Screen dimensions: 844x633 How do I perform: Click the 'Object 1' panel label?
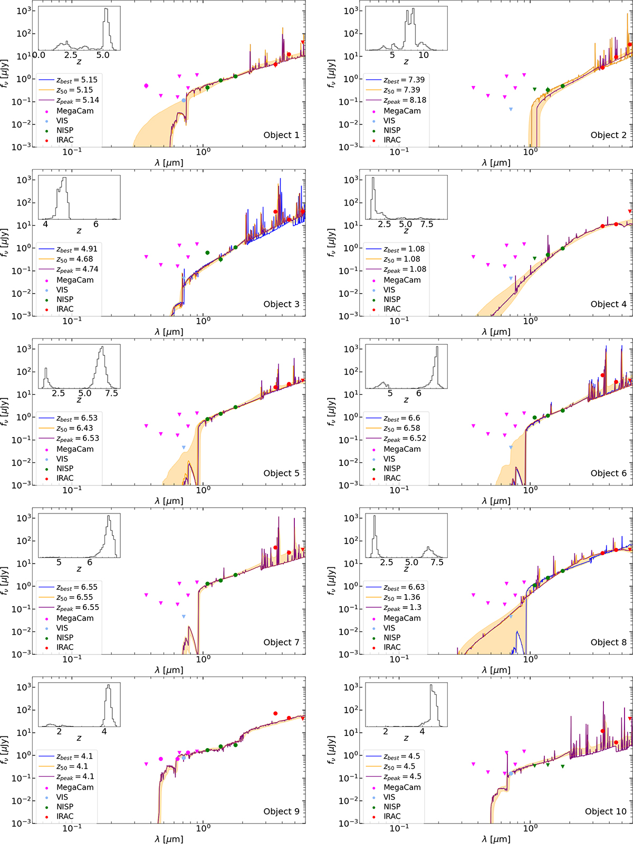(x=281, y=135)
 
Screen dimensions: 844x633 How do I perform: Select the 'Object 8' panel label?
(x=608, y=642)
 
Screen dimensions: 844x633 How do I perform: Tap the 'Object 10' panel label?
(x=606, y=811)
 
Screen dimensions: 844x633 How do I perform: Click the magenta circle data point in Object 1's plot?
(x=146, y=85)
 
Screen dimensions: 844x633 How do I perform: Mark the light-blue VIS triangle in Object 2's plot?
(x=511, y=109)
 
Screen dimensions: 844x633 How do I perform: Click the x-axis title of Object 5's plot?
(x=169, y=501)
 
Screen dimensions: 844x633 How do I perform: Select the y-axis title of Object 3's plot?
(x=5, y=242)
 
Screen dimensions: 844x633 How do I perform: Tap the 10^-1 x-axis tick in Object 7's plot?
(x=72, y=658)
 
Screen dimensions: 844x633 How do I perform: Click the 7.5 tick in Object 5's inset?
(x=111, y=393)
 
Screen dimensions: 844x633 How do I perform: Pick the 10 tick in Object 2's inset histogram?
(x=424, y=55)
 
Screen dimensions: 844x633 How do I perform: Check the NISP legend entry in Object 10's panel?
(x=392, y=807)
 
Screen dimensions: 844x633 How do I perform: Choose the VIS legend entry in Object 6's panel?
(x=389, y=459)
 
